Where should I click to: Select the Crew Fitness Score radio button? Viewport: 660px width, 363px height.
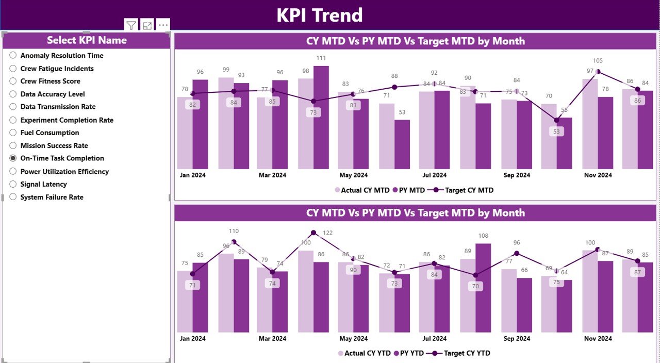[13, 81]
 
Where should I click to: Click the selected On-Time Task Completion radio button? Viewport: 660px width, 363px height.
[13, 158]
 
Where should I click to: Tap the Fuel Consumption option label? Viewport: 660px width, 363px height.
[49, 133]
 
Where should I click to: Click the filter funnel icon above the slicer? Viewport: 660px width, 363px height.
[131, 25]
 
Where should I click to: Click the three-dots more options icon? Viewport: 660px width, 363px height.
[163, 25]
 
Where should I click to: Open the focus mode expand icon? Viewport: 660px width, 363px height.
[147, 25]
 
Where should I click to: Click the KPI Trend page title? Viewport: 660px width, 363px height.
[319, 15]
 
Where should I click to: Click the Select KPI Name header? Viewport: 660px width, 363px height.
[87, 40]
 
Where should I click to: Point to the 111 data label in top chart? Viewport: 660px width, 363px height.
[321, 58]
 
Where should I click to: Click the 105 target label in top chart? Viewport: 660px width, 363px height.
[598, 61]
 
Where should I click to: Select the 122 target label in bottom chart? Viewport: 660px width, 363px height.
[327, 233]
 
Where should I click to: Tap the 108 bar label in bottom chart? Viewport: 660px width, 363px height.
[483, 236]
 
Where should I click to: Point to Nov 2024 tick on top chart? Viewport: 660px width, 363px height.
[598, 175]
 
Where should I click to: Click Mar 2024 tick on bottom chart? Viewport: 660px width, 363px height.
[272, 339]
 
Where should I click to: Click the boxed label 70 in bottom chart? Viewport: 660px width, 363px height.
[475, 286]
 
